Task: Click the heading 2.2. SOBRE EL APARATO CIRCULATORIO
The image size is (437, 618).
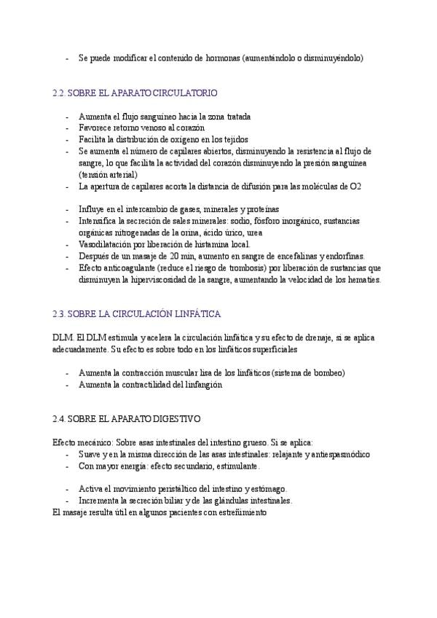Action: (135, 93)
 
